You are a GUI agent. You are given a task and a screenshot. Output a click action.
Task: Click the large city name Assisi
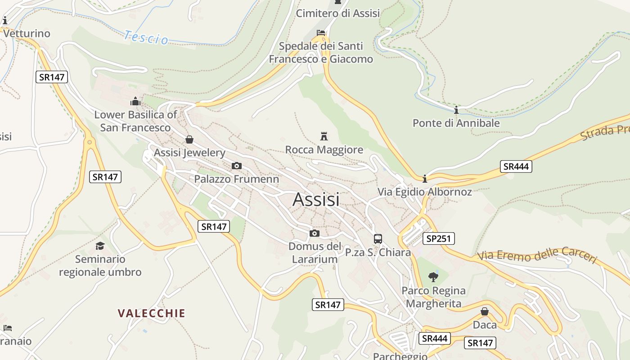(x=316, y=199)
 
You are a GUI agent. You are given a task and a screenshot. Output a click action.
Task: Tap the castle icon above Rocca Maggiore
(x=324, y=136)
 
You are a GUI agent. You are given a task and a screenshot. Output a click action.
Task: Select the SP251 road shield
(x=438, y=238)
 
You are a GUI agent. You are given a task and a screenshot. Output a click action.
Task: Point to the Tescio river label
(x=146, y=37)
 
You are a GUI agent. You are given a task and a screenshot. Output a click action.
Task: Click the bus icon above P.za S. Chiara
(x=378, y=239)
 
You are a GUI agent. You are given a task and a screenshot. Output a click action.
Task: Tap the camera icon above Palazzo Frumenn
(x=237, y=166)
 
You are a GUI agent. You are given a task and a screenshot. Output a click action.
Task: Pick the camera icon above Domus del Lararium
(x=315, y=233)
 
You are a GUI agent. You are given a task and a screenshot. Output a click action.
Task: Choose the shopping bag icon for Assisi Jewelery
(x=189, y=139)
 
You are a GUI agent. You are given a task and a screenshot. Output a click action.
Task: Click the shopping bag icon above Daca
(x=485, y=311)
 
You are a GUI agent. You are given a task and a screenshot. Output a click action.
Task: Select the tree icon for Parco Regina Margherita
(x=433, y=277)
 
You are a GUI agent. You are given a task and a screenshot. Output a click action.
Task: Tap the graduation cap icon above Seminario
(x=100, y=246)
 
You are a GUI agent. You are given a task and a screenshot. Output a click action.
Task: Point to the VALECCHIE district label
(x=152, y=313)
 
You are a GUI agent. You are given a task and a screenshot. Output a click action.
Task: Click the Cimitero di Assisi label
(x=337, y=13)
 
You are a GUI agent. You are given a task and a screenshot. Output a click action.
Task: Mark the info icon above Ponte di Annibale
(x=456, y=110)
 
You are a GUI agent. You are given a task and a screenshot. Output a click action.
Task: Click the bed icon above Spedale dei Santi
(x=321, y=33)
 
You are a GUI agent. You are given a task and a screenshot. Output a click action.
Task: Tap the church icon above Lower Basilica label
(x=135, y=101)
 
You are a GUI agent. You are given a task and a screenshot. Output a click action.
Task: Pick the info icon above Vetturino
(x=5, y=21)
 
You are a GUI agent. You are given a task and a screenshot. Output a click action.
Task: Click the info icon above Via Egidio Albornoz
(x=425, y=179)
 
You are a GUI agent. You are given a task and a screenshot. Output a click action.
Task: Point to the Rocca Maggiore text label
(x=324, y=150)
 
